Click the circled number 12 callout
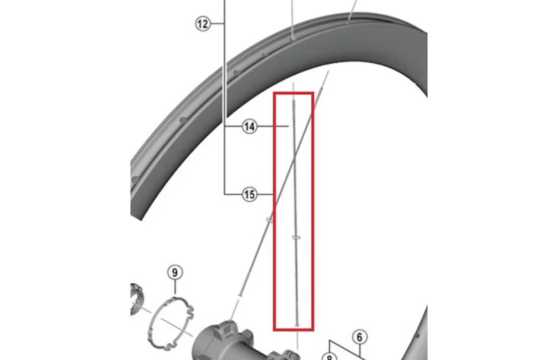pos(203,24)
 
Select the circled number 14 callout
pos(250,126)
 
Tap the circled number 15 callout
pos(250,195)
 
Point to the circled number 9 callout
pos(175,272)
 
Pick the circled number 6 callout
pos(359,337)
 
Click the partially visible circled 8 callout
pos(329,357)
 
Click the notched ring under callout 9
pos(171,322)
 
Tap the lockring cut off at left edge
pos(136,299)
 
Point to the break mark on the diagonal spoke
pos(270,220)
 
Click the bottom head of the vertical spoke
pos(297,324)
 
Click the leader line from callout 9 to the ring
pos(175,287)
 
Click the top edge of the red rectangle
pos(294,93)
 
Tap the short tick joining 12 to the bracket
pos(218,24)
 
